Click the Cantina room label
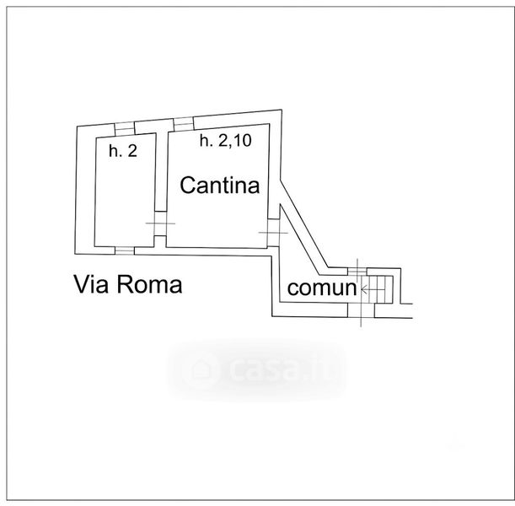220,185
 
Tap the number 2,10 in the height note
233,141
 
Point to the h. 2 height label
123,151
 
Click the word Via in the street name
91,284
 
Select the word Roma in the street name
149,284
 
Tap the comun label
322,288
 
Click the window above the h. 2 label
125,128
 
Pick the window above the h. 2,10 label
184,124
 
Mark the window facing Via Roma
125,250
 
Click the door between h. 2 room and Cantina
160,223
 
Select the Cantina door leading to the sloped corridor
273,233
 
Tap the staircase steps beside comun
380,289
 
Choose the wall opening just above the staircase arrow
357,272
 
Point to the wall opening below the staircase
361,310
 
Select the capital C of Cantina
188,185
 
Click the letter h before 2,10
204,140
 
